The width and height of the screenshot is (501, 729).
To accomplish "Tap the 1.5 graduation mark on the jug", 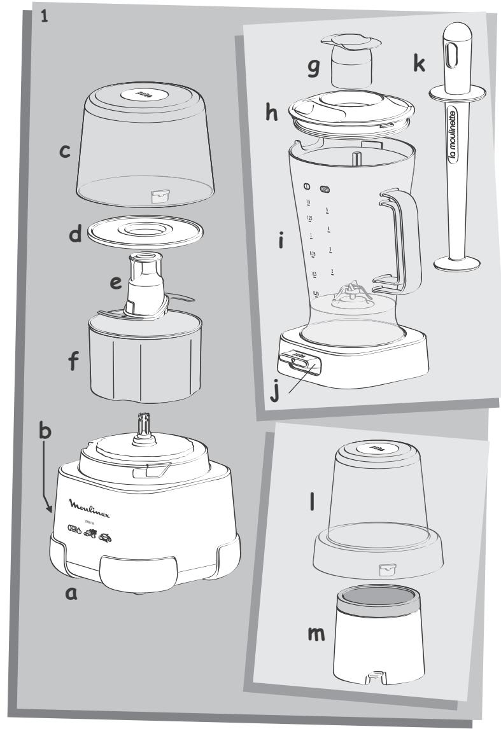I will (308, 202).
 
